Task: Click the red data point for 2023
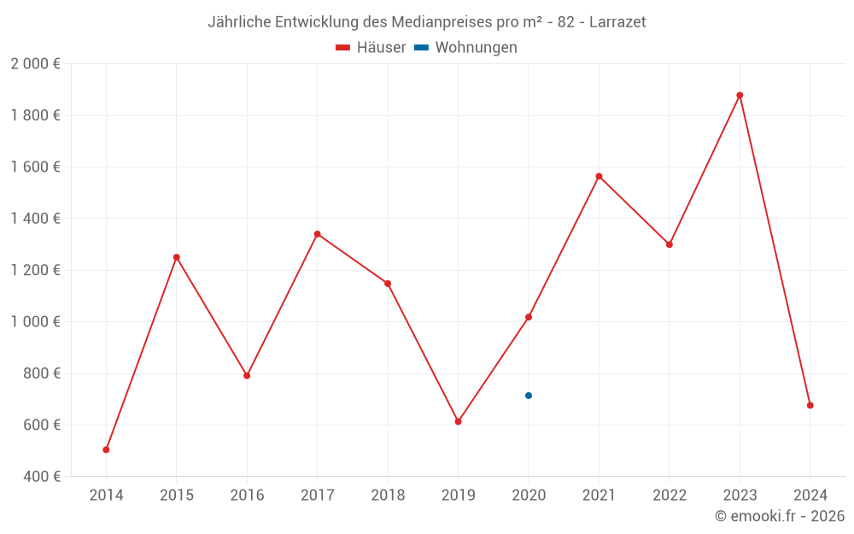pyautogui.click(x=740, y=96)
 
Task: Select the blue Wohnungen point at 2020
pyautogui.click(x=529, y=396)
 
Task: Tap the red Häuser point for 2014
pyautogui.click(x=106, y=449)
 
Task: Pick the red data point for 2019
pyautogui.click(x=458, y=421)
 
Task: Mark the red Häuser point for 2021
pyautogui.click(x=599, y=177)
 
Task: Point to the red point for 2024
pyautogui.click(x=810, y=405)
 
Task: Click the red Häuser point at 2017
pyautogui.click(x=317, y=234)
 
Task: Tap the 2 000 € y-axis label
pyautogui.click(x=35, y=64)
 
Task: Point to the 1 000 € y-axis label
pyautogui.click(x=35, y=322)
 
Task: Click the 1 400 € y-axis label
pyautogui.click(x=35, y=219)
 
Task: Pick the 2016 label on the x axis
pyautogui.click(x=247, y=496)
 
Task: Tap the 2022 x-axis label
pyautogui.click(x=669, y=496)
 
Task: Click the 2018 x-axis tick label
pyautogui.click(x=388, y=496)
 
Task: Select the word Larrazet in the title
pyautogui.click(x=617, y=22)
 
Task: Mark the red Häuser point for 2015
pyautogui.click(x=177, y=257)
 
